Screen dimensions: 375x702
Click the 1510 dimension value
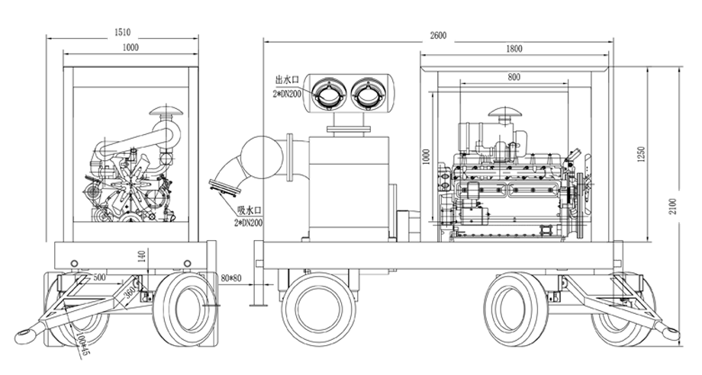(123, 32)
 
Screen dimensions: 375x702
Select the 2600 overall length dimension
(437, 35)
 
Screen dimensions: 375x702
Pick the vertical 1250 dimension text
(643, 155)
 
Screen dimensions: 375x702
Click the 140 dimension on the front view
(142, 256)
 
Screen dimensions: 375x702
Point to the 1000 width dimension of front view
(130, 48)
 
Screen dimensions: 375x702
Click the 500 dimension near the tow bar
(99, 278)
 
